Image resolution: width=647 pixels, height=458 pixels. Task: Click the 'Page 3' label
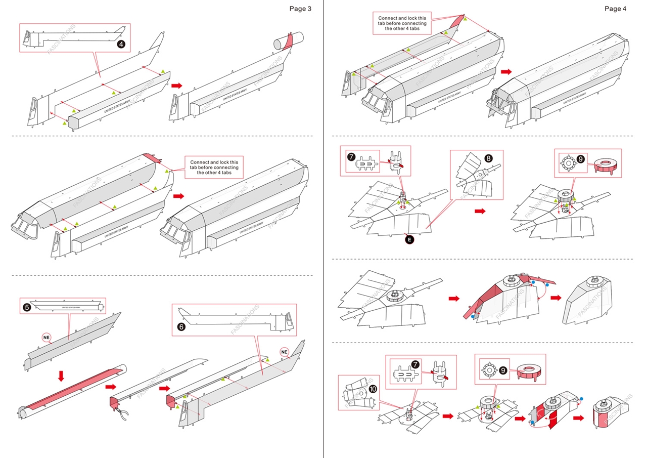pyautogui.click(x=300, y=9)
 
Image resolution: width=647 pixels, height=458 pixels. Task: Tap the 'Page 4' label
pyautogui.click(x=615, y=9)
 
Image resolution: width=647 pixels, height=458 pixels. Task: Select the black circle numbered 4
pyautogui.click(x=121, y=44)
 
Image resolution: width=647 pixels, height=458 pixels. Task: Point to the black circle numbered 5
pyautogui.click(x=27, y=307)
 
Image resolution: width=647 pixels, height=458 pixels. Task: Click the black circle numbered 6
pyautogui.click(x=182, y=327)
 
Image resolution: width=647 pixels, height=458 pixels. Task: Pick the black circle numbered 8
pyautogui.click(x=488, y=158)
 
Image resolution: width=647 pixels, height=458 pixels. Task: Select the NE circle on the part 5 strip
pyautogui.click(x=47, y=337)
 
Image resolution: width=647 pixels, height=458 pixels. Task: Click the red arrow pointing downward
pyautogui.click(x=61, y=376)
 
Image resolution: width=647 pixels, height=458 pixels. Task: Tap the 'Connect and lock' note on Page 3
pyautogui.click(x=214, y=167)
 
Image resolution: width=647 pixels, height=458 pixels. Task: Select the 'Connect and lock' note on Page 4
pyautogui.click(x=402, y=23)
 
